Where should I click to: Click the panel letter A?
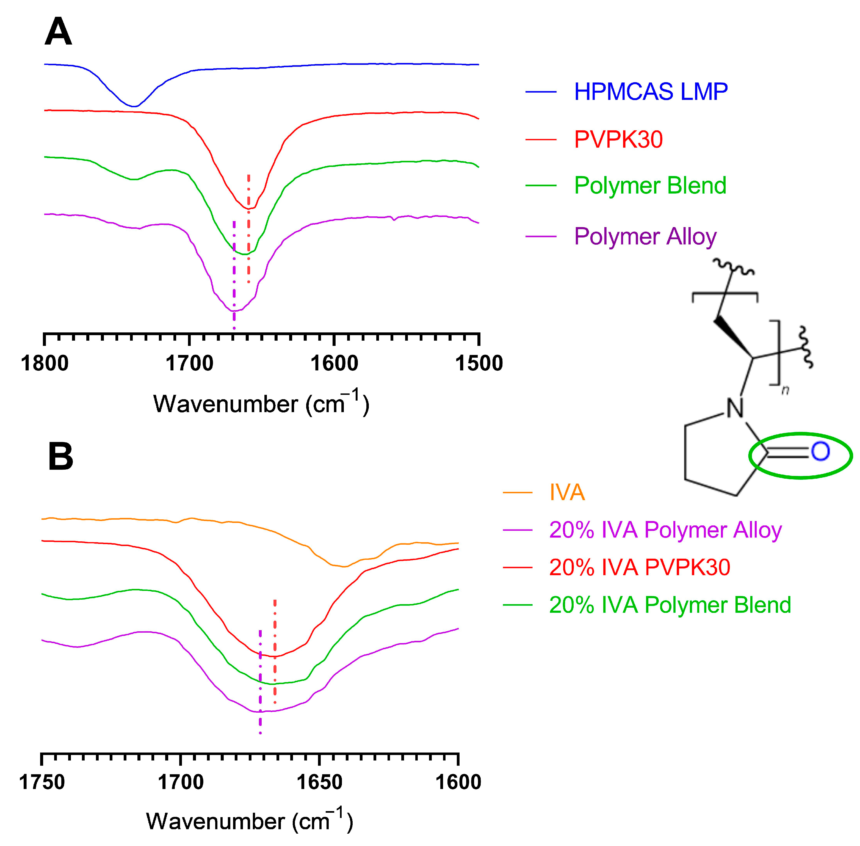click(x=58, y=32)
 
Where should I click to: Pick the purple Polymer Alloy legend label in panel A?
click(x=645, y=236)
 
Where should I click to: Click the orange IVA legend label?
click(x=567, y=492)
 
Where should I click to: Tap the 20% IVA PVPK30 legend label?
click(x=639, y=567)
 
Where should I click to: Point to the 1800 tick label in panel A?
click(x=45, y=363)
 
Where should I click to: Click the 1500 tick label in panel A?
click(x=479, y=363)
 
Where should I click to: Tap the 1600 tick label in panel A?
click(x=334, y=363)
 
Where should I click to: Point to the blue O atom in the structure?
click(x=820, y=452)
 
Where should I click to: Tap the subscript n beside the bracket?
click(x=785, y=391)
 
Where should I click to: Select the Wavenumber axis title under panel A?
click(x=261, y=403)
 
